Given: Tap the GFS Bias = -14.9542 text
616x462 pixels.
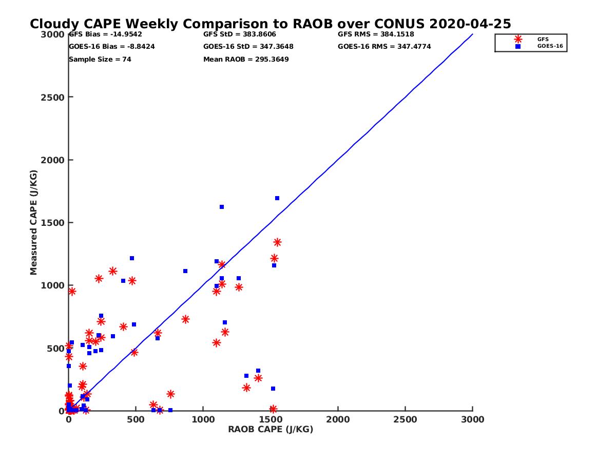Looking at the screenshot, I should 105,34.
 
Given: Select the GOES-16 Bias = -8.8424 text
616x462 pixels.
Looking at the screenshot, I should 112,47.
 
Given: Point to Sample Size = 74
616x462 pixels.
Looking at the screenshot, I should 100,60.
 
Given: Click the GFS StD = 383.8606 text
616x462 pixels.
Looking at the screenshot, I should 240,34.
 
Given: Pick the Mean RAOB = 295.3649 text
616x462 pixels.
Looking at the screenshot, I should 246,60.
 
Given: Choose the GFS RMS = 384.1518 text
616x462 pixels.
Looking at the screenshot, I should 376,34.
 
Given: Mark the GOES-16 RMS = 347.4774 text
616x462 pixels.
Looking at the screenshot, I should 384,47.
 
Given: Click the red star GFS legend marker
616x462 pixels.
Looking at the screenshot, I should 518,39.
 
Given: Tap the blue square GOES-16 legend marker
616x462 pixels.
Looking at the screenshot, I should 518,46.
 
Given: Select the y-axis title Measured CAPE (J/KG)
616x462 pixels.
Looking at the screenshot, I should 34,222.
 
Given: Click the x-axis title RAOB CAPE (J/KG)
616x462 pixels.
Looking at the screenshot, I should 271,430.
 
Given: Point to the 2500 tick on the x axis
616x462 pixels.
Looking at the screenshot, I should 406,420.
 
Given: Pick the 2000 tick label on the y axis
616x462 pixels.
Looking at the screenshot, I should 54,160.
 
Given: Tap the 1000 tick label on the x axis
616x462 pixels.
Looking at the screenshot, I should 203,420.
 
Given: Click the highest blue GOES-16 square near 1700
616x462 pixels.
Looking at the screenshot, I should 277,198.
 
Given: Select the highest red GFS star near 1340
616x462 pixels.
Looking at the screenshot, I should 277,242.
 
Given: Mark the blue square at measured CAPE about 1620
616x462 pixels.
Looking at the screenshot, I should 222,207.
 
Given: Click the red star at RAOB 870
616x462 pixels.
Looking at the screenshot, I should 185,319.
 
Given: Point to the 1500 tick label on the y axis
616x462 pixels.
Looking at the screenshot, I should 54,223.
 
